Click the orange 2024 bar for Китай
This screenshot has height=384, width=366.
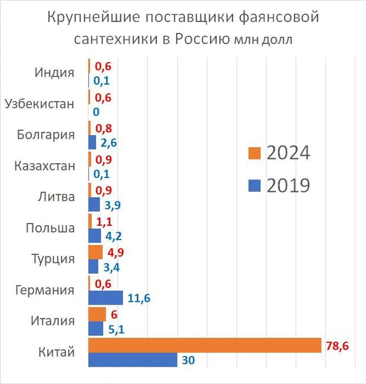pos(205,345)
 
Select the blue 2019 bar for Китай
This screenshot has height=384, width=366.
pos(133,360)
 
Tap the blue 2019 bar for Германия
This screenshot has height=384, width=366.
pos(106,298)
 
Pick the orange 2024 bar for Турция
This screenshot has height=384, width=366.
pos(95,252)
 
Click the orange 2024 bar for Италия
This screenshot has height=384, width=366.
pos(97,314)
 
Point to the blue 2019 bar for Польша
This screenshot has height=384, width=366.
pos(95,235)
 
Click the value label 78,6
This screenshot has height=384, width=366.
pos(337,346)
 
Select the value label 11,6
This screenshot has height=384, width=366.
pos(139,298)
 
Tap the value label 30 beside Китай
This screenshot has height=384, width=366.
pos(189,361)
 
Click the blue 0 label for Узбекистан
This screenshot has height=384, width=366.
pos(97,112)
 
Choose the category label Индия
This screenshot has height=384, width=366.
pos(54,73)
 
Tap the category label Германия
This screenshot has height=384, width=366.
pos(45,290)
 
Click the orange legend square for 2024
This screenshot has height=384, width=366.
pos(254,153)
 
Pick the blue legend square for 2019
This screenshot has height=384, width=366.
pos(254,185)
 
